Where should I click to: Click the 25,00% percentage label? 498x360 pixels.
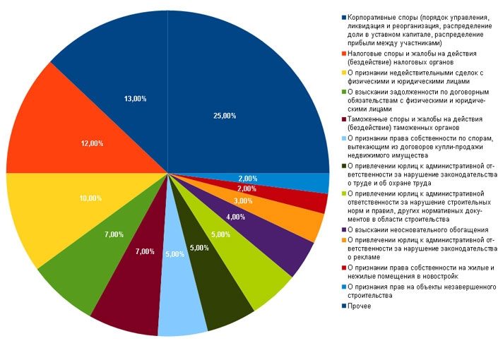click(x=224, y=115)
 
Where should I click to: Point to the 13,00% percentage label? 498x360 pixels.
click(x=135, y=99)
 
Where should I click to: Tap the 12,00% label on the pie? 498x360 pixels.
click(x=92, y=143)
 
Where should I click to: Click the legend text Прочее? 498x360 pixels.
click(x=359, y=306)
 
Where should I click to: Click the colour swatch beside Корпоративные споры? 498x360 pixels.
click(x=343, y=16)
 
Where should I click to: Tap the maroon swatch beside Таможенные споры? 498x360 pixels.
click(x=343, y=121)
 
